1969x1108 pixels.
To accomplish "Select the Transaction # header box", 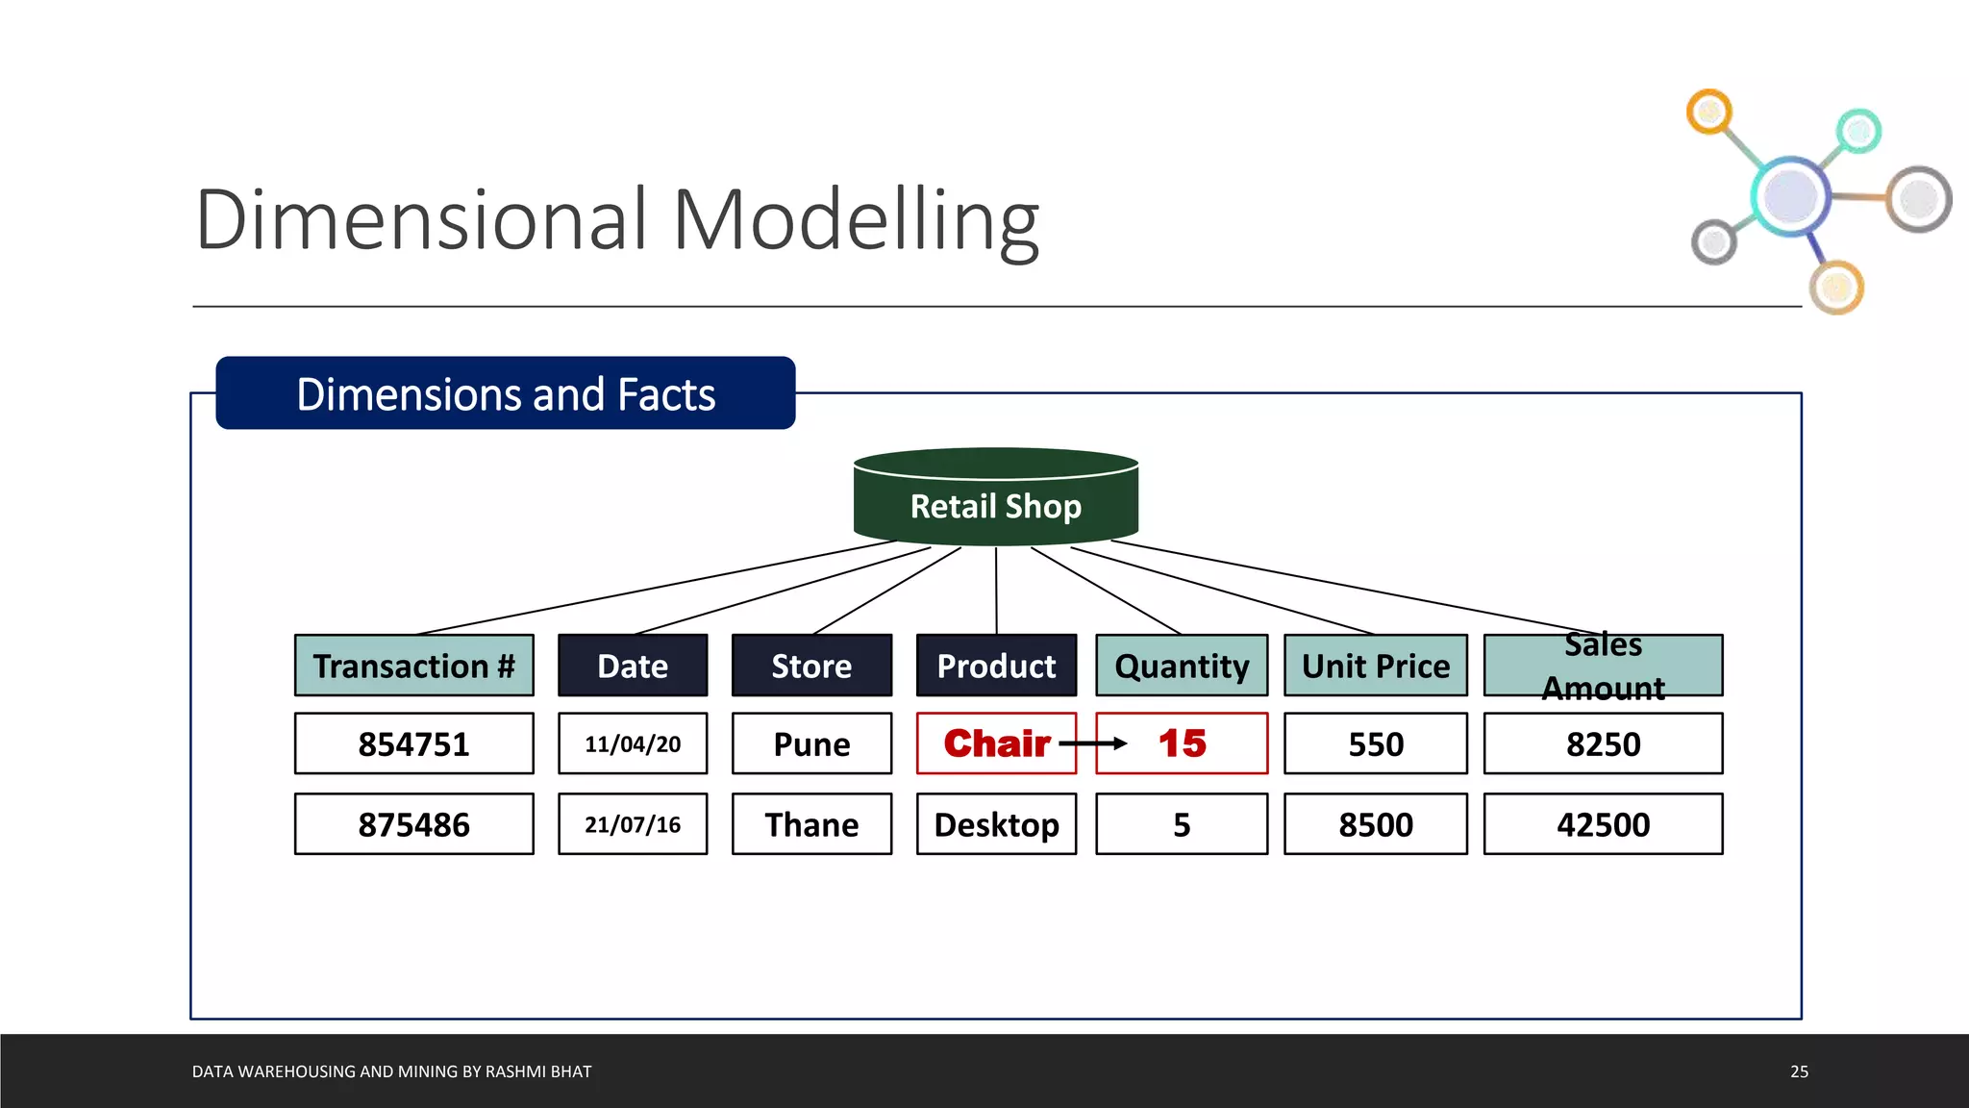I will pos(413,666).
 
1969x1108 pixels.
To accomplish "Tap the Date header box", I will pos(633,666).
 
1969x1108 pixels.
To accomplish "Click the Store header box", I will pos(811,666).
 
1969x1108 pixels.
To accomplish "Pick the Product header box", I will pos(996,666).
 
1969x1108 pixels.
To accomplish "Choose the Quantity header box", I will pos(1182,666).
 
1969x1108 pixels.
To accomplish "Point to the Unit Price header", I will pos(1375,666).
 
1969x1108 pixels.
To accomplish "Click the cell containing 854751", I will pos(413,743).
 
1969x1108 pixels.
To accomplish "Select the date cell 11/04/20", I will pos(633,743).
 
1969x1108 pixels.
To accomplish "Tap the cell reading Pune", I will pos(811,743).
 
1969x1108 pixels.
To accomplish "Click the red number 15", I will pos(1182,743).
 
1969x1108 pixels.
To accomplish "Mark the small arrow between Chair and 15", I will pos(1093,743).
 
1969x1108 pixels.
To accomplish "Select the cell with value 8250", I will pos(1603,743).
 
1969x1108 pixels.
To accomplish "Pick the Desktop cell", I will pos(996,824).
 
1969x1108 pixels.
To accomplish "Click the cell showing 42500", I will pos(1603,824).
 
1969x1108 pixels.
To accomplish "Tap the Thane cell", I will pos(811,824).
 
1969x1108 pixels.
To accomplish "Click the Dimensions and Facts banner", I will pos(506,393).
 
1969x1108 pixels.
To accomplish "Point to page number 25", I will pos(1799,1071).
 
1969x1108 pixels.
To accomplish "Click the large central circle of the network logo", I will pos(1790,195).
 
